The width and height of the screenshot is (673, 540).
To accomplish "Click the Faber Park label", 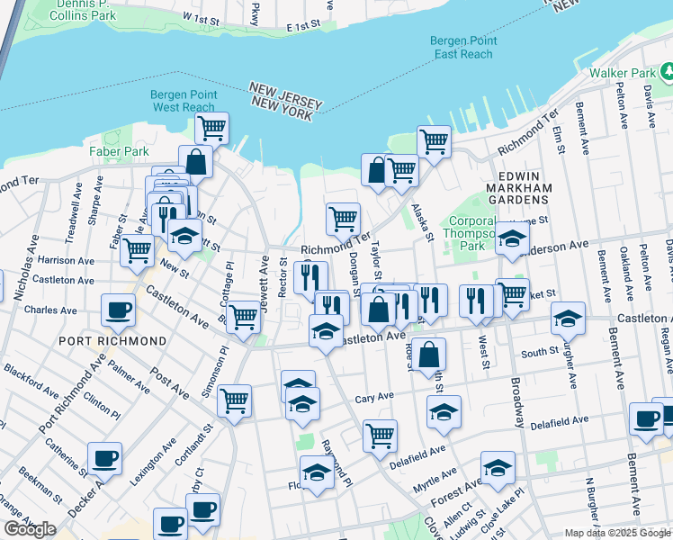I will click(119, 151).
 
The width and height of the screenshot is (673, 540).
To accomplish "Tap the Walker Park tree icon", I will click(667, 71).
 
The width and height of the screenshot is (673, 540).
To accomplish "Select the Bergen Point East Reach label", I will click(462, 48).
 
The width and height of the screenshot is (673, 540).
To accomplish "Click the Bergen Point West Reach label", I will click(184, 100).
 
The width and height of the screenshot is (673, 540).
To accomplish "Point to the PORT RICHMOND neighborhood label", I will click(112, 342).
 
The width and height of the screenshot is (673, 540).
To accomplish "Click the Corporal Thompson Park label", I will click(472, 233).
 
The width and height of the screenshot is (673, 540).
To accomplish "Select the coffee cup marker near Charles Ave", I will click(118, 310).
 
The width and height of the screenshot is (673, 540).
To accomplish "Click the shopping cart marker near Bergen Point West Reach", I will click(211, 128).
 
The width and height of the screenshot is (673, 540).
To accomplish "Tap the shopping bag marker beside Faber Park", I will click(195, 162).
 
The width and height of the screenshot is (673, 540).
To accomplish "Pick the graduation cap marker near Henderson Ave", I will click(512, 239).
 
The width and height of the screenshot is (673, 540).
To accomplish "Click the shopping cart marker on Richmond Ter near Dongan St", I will click(343, 218).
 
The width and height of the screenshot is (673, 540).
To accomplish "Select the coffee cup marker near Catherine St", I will click(104, 458).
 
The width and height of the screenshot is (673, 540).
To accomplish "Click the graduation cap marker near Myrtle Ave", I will click(497, 467).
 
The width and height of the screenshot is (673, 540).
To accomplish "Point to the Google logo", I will click(31, 528).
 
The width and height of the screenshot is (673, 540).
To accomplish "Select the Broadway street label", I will click(516, 397).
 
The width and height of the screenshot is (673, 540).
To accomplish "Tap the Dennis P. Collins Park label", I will click(86, 10).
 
